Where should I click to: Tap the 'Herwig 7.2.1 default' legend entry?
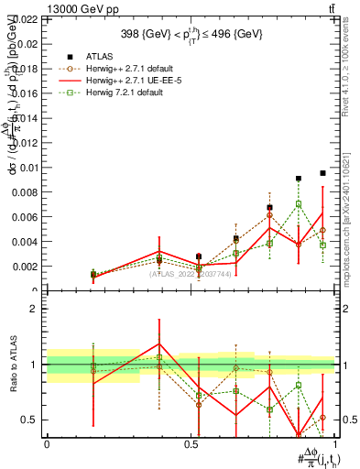[x=128, y=94]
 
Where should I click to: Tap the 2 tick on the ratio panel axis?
[x=35, y=309]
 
